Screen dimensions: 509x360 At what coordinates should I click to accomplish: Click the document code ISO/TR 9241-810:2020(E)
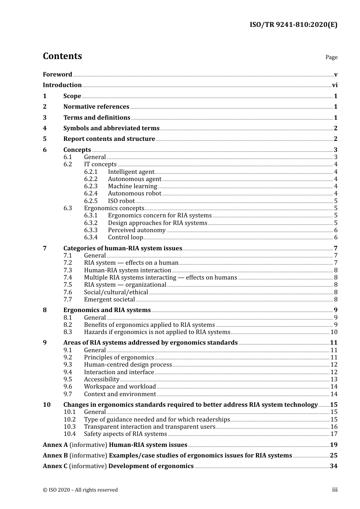point(293,25)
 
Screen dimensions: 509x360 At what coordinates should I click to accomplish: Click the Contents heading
point(62,56)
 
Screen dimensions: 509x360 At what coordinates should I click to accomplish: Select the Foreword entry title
point(57,75)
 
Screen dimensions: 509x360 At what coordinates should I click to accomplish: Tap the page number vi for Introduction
point(335,85)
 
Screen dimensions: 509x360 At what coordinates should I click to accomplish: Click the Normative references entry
point(96,107)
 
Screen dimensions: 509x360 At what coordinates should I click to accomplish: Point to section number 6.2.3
point(91,186)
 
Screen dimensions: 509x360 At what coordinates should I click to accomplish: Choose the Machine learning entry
point(132,186)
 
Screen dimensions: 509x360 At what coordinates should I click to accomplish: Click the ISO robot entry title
point(121,201)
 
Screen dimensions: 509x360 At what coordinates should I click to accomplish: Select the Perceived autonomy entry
point(137,230)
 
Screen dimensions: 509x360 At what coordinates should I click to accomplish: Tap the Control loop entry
point(125,237)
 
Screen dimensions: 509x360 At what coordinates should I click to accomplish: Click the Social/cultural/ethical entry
point(116,292)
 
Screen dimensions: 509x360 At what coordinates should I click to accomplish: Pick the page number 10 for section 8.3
point(334,332)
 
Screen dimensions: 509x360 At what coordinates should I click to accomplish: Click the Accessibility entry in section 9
point(102,379)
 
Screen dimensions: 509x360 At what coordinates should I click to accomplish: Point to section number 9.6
point(68,387)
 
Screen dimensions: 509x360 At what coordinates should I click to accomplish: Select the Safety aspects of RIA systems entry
point(125,434)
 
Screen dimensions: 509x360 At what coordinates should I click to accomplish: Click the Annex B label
point(55,456)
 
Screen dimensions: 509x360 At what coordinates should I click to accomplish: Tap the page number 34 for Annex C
point(333,466)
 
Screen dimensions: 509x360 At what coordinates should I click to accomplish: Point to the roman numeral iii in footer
point(335,490)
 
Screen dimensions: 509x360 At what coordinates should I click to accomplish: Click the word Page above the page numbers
point(331,57)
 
